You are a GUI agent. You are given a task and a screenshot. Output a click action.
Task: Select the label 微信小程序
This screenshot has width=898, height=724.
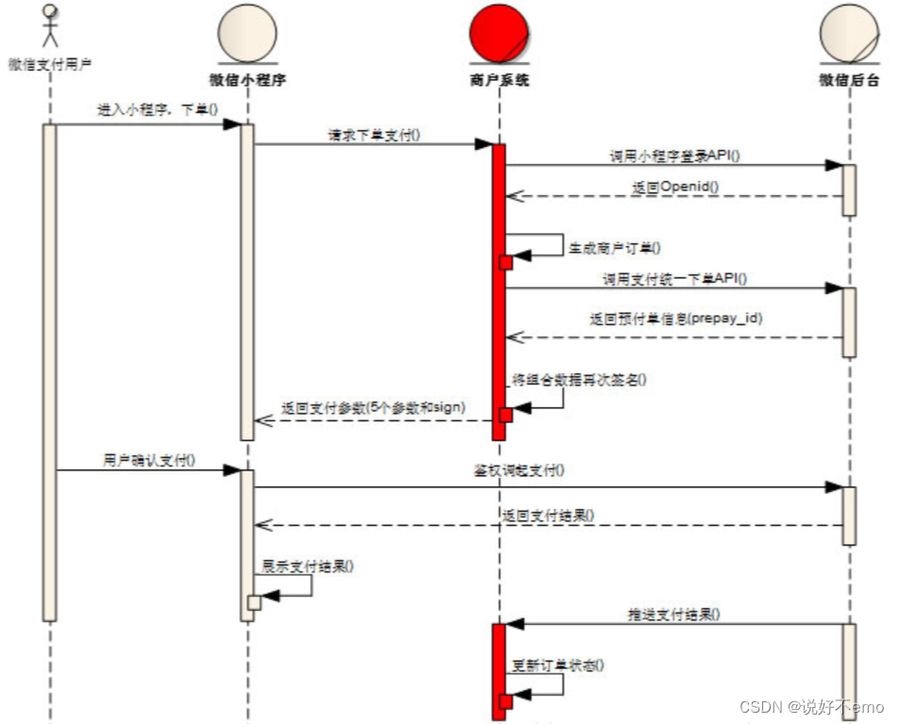[247, 80]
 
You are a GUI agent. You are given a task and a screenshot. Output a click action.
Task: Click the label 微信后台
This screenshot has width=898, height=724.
[848, 80]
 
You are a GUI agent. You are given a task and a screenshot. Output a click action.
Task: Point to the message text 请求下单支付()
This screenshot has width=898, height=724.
[374, 135]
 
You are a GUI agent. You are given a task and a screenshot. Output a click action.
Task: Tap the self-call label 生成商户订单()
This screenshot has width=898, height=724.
[614, 248]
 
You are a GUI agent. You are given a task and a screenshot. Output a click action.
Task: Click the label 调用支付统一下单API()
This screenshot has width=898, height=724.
[674, 279]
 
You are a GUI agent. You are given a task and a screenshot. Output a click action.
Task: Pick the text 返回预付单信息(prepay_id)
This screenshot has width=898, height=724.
[676, 319]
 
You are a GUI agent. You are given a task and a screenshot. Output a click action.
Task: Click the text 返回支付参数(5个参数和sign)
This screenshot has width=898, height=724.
[374, 409]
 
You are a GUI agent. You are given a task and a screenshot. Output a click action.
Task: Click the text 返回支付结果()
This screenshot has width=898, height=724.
[548, 516]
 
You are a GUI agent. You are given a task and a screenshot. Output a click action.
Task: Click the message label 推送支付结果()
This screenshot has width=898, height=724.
[674, 614]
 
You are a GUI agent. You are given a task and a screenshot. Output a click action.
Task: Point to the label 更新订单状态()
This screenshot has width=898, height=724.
[558, 665]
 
